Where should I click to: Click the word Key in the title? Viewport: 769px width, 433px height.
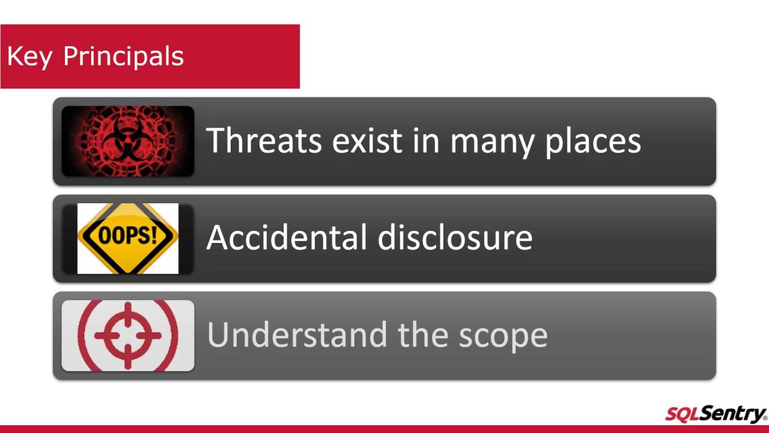coord(28,57)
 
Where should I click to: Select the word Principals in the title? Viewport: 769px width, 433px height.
coord(123,57)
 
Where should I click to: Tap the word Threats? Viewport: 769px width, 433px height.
coord(264,141)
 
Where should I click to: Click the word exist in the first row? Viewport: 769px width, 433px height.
coord(366,141)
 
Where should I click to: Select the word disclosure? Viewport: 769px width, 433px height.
coord(455,238)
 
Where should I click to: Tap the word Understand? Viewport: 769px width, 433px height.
coord(298,335)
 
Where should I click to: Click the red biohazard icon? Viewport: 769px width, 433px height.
coord(127,141)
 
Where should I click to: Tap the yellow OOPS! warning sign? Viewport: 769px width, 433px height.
coord(127,238)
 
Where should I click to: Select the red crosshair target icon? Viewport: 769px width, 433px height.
coord(127,336)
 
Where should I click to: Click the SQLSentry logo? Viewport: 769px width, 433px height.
coord(716,414)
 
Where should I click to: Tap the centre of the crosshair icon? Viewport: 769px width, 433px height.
coord(127,335)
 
